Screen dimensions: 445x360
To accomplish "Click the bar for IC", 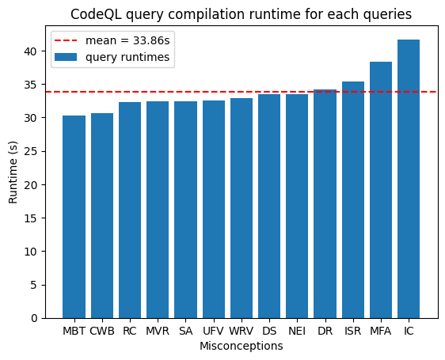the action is tap(409, 179).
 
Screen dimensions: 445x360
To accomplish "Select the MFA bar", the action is tap(381, 190).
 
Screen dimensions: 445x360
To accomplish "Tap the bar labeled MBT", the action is tap(74, 217).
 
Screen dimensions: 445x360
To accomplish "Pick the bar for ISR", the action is tap(353, 200).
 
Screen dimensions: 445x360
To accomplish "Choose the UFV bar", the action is tap(214, 210).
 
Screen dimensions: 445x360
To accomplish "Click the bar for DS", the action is tap(269, 207).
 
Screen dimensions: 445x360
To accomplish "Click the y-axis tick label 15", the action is tap(31, 218).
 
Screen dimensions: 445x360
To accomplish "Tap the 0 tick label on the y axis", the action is tap(34, 318).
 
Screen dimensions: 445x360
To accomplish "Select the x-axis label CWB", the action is tap(102, 331).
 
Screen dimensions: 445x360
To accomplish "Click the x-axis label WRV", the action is tap(242, 331).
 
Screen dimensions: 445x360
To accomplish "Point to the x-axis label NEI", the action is tap(297, 331).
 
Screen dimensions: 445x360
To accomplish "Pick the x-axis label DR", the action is tap(325, 331).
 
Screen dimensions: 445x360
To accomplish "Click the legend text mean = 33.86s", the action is tap(127, 41).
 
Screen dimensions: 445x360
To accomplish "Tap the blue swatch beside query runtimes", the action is tap(66, 57).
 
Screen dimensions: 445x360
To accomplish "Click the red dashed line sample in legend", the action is tap(66, 40).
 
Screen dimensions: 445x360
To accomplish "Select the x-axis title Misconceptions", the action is tap(242, 346).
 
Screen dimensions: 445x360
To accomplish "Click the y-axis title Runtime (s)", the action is tap(13, 172).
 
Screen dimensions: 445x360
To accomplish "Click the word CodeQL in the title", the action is tap(96, 14).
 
